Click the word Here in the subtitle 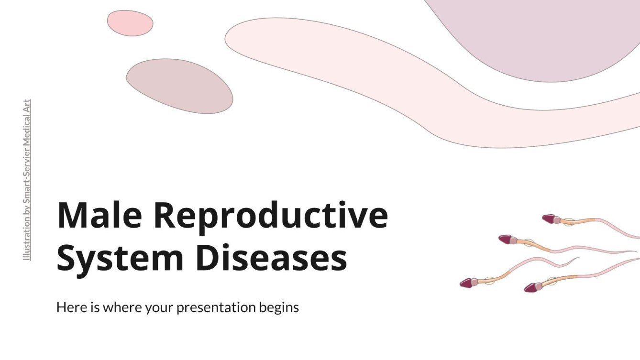69,307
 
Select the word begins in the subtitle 281,307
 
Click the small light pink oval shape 130,23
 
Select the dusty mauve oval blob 179,86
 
